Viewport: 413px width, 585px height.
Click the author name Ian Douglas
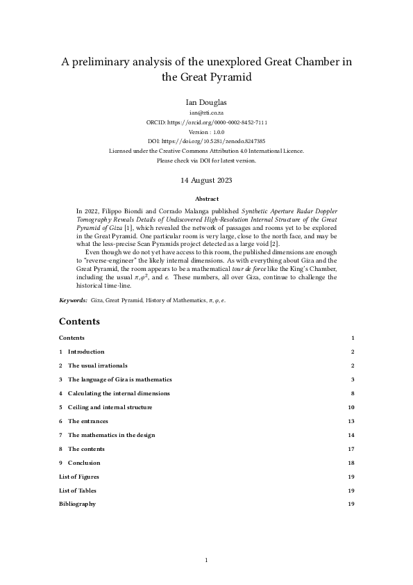(x=206, y=101)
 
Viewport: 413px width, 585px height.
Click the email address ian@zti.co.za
(x=206, y=112)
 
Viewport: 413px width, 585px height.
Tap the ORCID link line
(x=206, y=122)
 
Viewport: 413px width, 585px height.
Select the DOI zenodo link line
(x=206, y=141)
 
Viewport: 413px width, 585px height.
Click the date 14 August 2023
(x=206, y=180)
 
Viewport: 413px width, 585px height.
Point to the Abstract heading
(x=206, y=198)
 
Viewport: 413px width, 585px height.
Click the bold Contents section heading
(x=79, y=322)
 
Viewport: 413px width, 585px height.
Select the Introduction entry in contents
(x=85, y=352)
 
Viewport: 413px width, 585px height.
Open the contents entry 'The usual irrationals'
(x=97, y=365)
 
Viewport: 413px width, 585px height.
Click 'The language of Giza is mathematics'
(x=114, y=379)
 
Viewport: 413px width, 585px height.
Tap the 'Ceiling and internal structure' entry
(x=110, y=407)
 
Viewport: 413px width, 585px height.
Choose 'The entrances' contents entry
(x=87, y=421)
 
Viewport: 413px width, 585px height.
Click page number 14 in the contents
(x=351, y=435)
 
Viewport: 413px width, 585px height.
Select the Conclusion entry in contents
(x=83, y=463)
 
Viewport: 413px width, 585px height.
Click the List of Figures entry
(x=79, y=477)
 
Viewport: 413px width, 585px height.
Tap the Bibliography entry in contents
(x=78, y=504)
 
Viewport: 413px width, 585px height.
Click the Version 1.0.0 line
(x=206, y=131)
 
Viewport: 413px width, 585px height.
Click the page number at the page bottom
(x=206, y=560)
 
